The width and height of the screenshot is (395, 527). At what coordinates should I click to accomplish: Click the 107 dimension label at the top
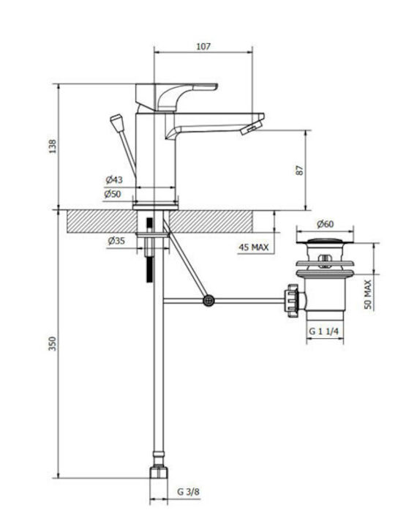click(203, 46)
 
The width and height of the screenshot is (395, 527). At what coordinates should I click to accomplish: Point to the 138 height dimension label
click(53, 146)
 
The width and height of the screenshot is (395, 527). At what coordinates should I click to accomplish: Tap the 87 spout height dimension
click(300, 170)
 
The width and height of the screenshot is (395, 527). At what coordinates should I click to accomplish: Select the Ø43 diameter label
click(114, 180)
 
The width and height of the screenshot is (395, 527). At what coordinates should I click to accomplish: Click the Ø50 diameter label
click(113, 194)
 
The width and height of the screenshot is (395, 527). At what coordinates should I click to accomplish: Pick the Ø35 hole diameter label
click(116, 241)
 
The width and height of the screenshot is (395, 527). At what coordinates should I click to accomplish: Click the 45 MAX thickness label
click(254, 247)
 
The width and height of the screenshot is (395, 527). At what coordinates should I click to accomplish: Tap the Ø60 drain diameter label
click(325, 224)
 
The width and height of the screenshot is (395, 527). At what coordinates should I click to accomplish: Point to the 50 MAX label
click(368, 294)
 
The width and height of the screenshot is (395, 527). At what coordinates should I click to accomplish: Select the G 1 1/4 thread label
click(324, 332)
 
